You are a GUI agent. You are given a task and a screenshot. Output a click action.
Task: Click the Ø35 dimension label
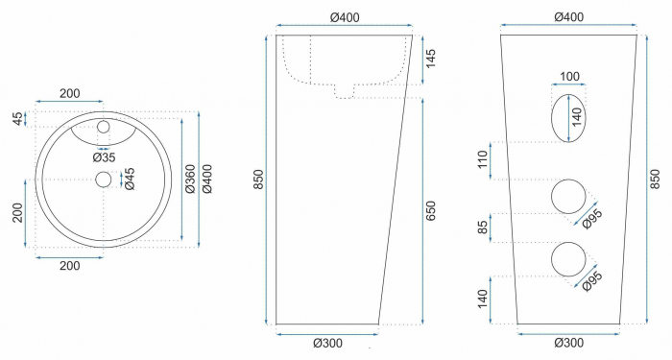(x=104, y=156)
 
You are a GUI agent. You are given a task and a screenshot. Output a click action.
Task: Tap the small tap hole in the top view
(x=104, y=127)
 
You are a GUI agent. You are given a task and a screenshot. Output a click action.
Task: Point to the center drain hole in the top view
(x=104, y=179)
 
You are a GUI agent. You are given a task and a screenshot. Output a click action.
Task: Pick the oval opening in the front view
(x=568, y=117)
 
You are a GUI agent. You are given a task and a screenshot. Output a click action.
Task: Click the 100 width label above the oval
(x=569, y=76)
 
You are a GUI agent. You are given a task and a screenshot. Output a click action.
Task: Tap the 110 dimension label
(x=483, y=159)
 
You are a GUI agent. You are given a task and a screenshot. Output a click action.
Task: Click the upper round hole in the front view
(x=568, y=196)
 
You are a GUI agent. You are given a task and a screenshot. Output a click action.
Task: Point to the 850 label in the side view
(x=257, y=180)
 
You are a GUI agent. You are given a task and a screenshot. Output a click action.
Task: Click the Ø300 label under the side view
(x=327, y=343)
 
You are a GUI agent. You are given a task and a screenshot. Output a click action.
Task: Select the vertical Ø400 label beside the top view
(x=207, y=179)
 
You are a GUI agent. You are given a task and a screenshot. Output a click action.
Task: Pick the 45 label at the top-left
(x=16, y=118)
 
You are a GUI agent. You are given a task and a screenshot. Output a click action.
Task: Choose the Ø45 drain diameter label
(x=130, y=179)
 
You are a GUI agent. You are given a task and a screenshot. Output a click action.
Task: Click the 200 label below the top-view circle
(x=69, y=265)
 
